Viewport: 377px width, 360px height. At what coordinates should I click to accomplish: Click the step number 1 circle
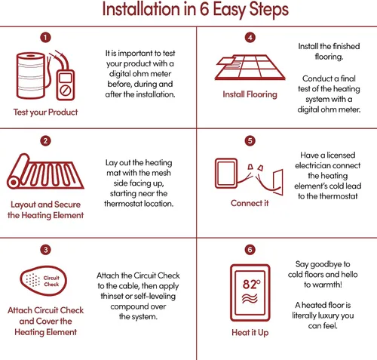click(x=45, y=38)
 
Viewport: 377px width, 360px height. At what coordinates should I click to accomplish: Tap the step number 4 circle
click(x=250, y=38)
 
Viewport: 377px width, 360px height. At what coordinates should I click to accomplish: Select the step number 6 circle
click(x=250, y=250)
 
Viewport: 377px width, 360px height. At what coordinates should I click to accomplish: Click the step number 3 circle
click(x=45, y=250)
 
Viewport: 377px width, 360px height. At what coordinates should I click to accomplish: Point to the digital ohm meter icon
click(x=66, y=85)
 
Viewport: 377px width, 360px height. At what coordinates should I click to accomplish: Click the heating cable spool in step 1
click(x=31, y=75)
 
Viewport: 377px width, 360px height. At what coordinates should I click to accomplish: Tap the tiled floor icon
click(x=250, y=67)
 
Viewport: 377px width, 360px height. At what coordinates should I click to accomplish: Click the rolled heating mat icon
click(x=45, y=171)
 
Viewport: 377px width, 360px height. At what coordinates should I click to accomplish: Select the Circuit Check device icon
click(x=43, y=281)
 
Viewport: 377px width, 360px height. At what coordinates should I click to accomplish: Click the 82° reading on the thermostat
click(x=251, y=284)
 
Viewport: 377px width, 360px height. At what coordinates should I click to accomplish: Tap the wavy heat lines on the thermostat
click(x=250, y=298)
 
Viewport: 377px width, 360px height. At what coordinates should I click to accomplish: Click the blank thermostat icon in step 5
click(x=226, y=174)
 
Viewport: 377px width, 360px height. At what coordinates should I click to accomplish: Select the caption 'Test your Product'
click(x=45, y=112)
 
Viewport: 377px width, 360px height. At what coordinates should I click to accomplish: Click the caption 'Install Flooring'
click(x=250, y=94)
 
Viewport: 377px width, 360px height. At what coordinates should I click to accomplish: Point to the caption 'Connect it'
click(x=250, y=203)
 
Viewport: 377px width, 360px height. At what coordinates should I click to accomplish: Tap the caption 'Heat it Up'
click(x=250, y=333)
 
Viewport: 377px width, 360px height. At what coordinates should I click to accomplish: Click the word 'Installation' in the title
click(x=141, y=9)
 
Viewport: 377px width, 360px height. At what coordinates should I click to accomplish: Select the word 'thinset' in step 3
click(x=112, y=296)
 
